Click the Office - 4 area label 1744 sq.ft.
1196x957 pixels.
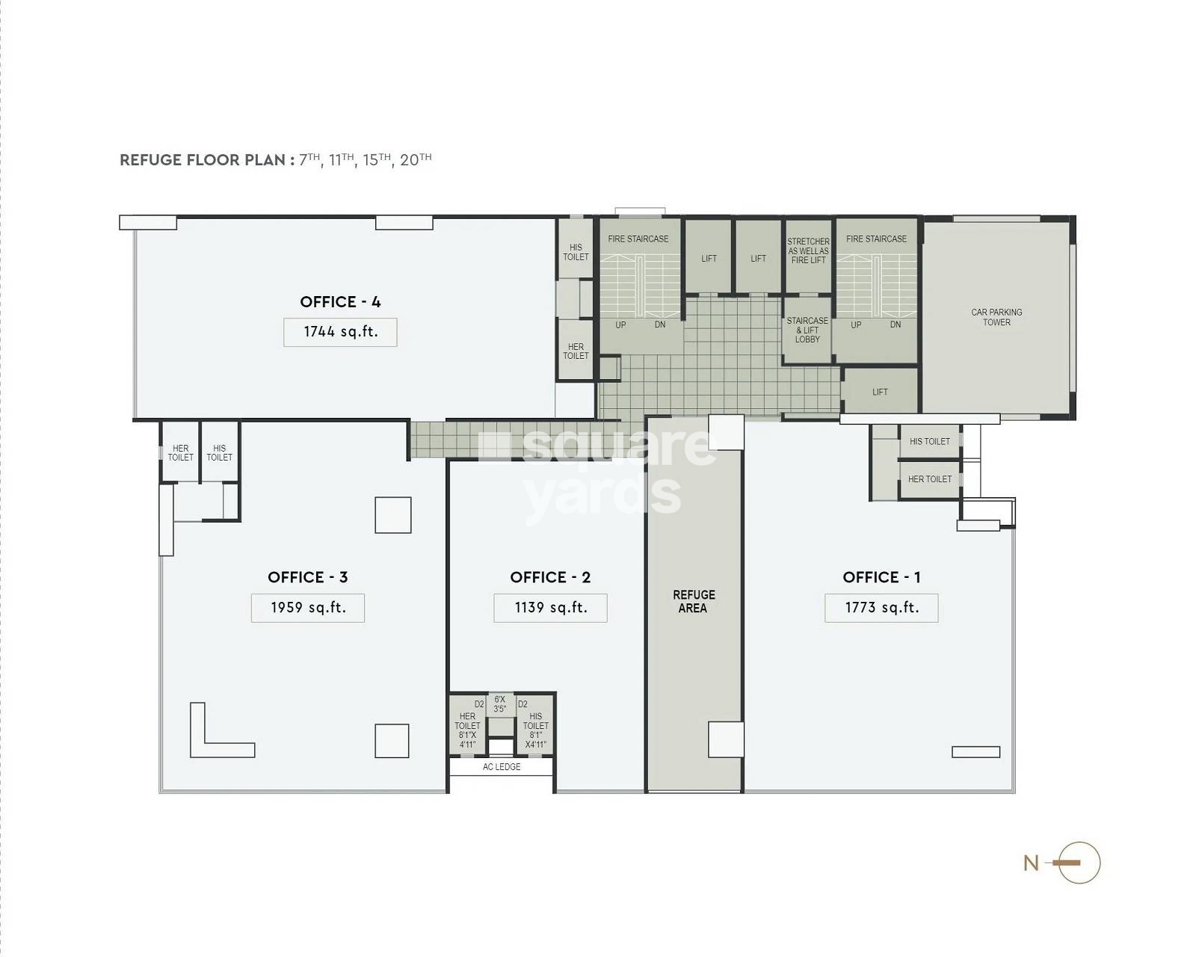click(x=340, y=332)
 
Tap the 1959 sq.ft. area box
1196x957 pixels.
click(x=308, y=608)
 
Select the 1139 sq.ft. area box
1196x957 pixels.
click(x=550, y=608)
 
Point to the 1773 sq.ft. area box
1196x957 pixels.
click(x=881, y=608)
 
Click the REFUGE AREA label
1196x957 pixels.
click(x=694, y=601)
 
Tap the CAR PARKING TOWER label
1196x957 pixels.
click(x=996, y=317)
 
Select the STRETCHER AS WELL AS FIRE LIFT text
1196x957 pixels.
click(x=808, y=250)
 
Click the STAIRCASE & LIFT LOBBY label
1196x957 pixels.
click(x=807, y=330)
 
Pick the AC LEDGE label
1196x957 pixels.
click(x=502, y=767)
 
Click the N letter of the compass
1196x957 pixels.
click(x=1031, y=863)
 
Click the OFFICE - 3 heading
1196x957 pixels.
click(x=308, y=577)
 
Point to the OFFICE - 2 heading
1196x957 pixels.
click(x=550, y=577)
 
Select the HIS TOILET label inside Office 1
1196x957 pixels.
click(x=930, y=442)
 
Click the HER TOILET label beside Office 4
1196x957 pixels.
click(x=576, y=351)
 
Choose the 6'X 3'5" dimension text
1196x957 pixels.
click(x=499, y=704)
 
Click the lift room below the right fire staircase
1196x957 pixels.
click(x=880, y=392)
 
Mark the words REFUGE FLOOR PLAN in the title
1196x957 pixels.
click(x=203, y=160)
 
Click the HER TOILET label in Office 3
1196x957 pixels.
click(x=181, y=452)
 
